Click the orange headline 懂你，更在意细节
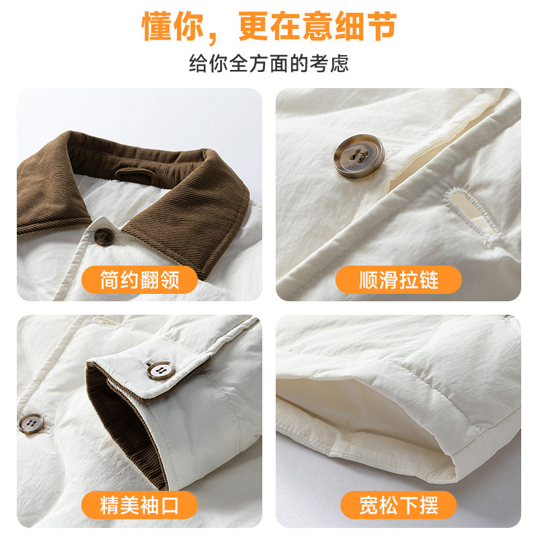[270, 26]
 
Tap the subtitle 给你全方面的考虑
[268, 63]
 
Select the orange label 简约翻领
[139, 280]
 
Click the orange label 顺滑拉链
[398, 280]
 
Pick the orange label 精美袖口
[139, 505]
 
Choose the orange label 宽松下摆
[398, 505]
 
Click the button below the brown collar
[104, 237]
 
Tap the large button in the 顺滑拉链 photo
[359, 156]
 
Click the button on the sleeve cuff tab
[161, 370]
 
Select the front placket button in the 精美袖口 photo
[31, 424]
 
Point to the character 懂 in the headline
[157, 26]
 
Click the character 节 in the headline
[382, 26]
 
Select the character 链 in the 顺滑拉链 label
[428, 280]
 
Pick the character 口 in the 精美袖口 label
[169, 505]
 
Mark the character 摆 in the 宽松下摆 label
[428, 505]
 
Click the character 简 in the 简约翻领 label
[110, 280]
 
